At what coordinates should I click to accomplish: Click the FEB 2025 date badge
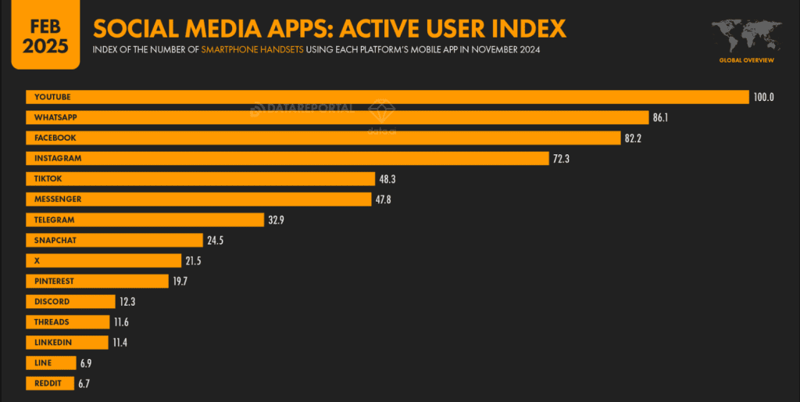45,36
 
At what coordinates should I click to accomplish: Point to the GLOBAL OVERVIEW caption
746,60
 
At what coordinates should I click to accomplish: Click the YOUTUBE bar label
52,97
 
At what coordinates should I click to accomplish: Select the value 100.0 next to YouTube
763,97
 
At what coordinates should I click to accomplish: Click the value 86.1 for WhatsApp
661,117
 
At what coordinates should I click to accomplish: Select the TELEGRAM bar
145,220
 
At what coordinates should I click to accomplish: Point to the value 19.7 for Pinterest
180,282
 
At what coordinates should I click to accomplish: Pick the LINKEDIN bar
67,343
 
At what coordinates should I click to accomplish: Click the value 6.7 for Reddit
84,383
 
